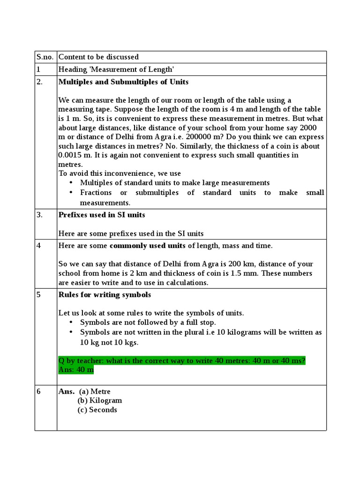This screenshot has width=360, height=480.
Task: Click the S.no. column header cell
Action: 45,57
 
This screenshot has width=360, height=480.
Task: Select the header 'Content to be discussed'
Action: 98,57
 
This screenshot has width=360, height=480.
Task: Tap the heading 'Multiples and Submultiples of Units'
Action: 123,82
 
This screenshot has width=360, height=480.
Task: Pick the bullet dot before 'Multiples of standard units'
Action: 71,183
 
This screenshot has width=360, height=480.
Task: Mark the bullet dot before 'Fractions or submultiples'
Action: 71,193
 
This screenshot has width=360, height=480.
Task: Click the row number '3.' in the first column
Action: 40,215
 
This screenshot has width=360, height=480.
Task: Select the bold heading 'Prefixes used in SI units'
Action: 102,215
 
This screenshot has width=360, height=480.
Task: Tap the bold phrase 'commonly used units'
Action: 147,246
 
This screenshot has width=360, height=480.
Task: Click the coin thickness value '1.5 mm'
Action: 259,273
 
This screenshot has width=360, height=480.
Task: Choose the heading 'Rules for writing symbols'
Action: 105,295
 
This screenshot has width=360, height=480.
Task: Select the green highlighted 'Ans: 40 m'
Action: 76,370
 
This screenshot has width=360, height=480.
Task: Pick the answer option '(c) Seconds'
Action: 97,410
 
